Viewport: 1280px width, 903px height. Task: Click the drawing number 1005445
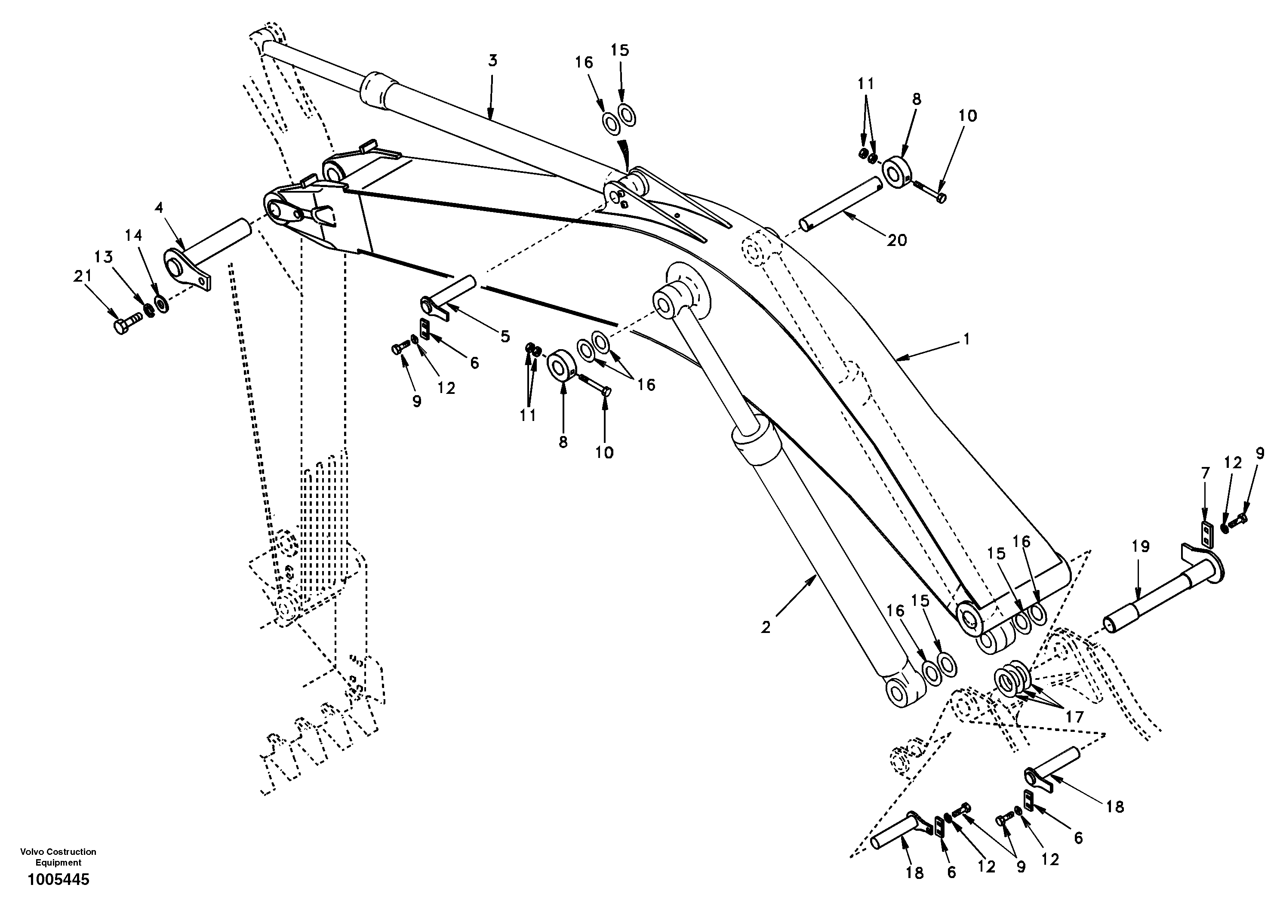point(58,880)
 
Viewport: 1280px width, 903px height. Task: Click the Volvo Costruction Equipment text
point(58,857)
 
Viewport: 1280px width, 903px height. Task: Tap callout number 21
point(83,276)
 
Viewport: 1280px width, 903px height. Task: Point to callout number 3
point(492,60)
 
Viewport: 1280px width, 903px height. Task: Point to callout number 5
point(505,336)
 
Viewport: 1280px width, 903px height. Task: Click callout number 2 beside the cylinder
point(766,628)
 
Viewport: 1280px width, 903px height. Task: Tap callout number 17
point(1074,717)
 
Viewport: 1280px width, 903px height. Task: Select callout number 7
point(1205,473)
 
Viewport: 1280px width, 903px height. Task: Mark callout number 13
point(103,257)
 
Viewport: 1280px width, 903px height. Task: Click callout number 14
point(133,236)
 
